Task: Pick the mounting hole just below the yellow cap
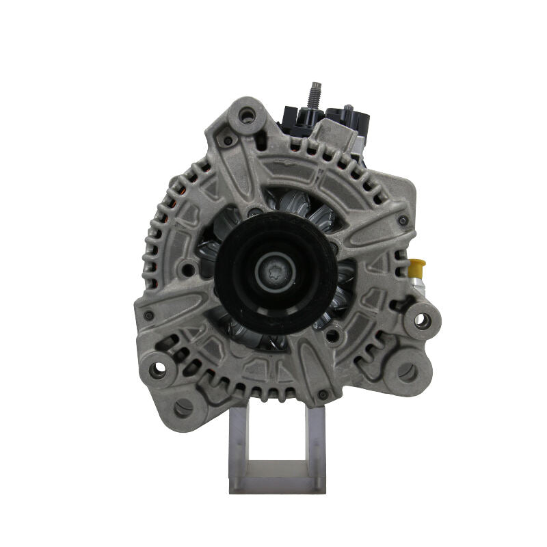coord(423,319)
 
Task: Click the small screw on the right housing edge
coord(403,220)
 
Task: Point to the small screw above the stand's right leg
coord(322,395)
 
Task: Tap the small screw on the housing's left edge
coord(148,316)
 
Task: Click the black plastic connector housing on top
coord(301,118)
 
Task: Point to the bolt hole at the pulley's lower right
coord(333,334)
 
